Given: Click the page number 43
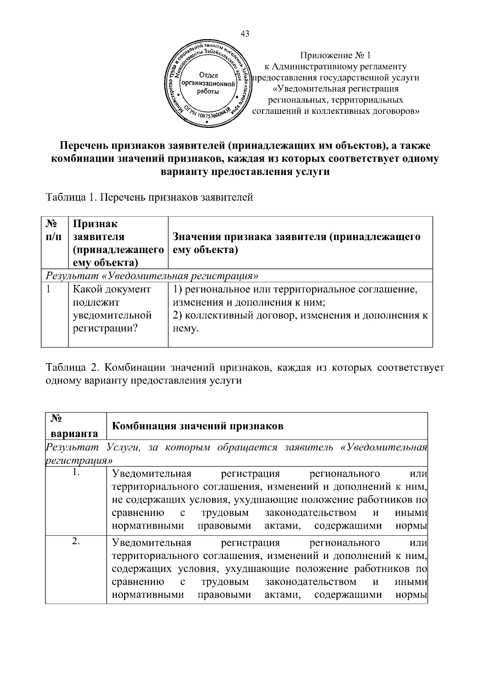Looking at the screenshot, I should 245,34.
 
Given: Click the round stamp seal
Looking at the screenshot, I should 208,85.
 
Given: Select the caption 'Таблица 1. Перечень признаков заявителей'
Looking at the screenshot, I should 150,197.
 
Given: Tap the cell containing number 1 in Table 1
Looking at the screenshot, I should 49,289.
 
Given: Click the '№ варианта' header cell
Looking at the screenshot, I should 75,426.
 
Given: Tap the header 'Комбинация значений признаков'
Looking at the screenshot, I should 198,426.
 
